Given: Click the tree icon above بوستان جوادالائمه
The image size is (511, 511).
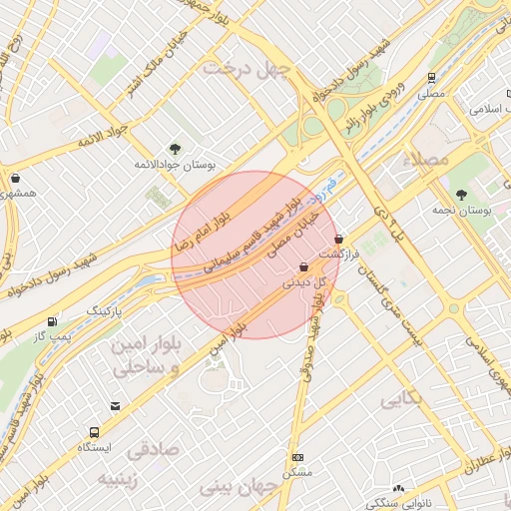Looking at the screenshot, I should [x=176, y=149].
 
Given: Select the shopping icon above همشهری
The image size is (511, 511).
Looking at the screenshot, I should [x=15, y=179].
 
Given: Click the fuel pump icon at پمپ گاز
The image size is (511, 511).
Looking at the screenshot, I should [x=51, y=321].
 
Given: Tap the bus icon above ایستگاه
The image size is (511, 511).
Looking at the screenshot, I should [x=93, y=433].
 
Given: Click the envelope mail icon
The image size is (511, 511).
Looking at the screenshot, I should [x=117, y=406].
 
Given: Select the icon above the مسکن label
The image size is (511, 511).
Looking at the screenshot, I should [x=297, y=457].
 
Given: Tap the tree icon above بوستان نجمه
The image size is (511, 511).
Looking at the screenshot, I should [x=460, y=196].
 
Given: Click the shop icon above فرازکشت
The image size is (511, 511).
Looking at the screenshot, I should [x=340, y=240].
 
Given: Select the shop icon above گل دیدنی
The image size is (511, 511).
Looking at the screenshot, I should [x=302, y=266].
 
